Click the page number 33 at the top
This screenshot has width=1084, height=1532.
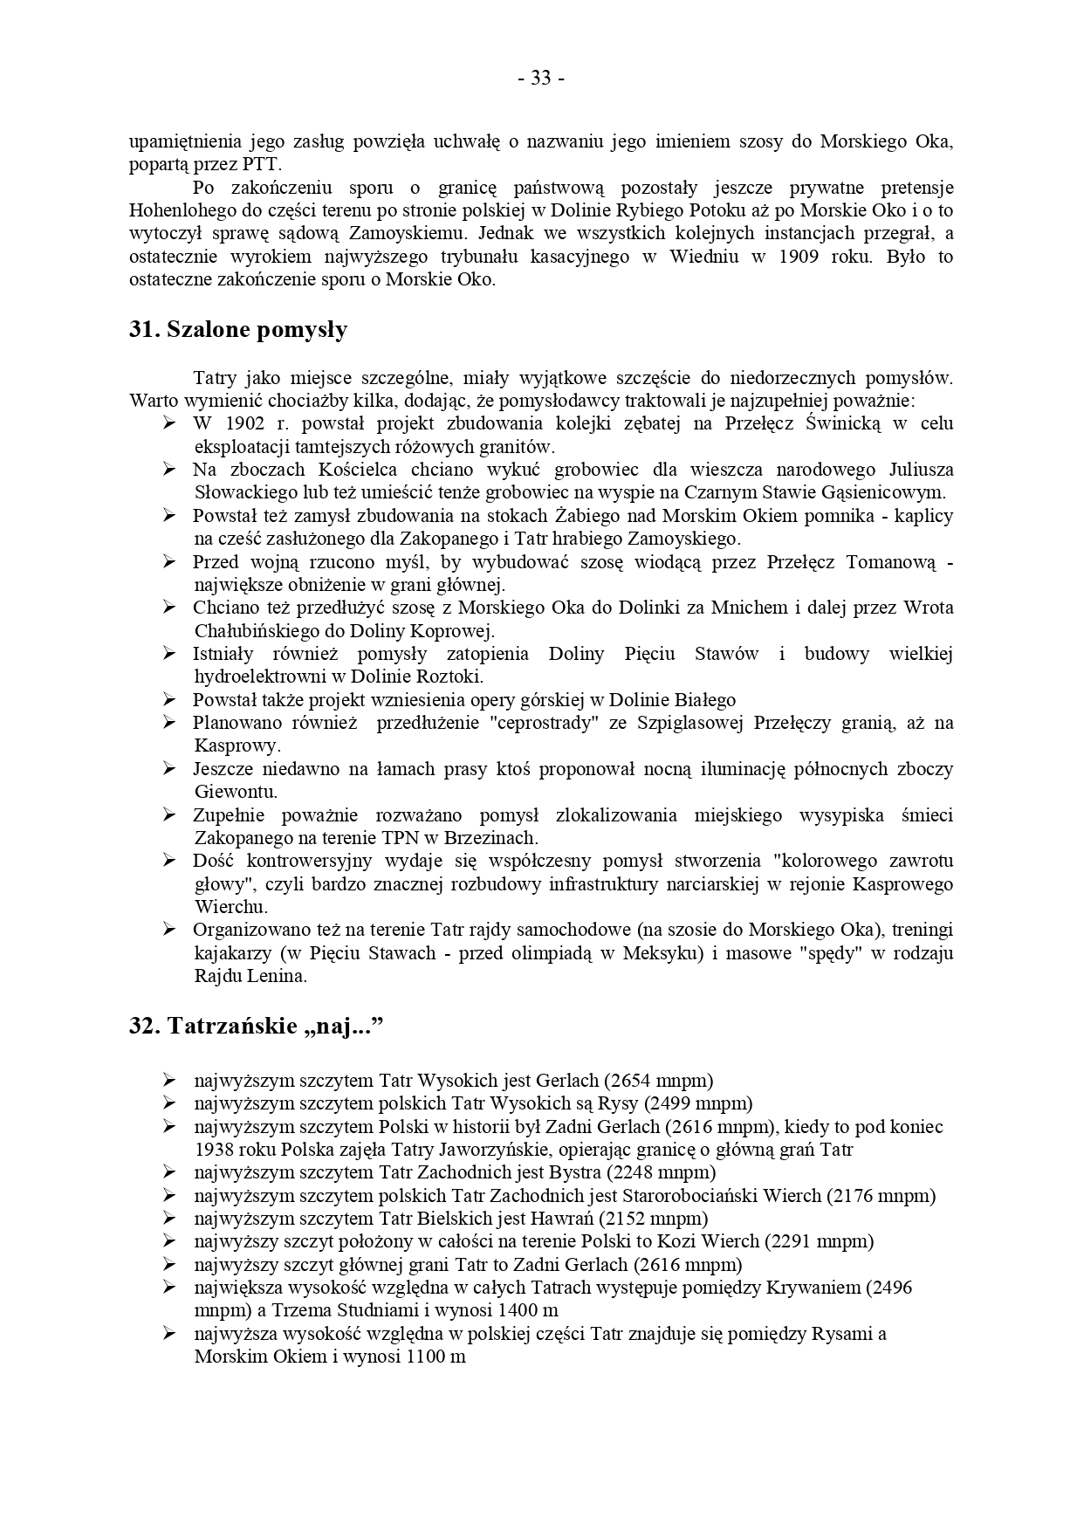coord(541,79)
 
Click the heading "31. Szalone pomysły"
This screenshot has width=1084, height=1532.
coord(238,329)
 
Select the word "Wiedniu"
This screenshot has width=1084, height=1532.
coord(703,257)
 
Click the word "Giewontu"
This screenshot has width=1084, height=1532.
coord(235,792)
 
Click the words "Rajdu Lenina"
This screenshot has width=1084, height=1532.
coord(250,976)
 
